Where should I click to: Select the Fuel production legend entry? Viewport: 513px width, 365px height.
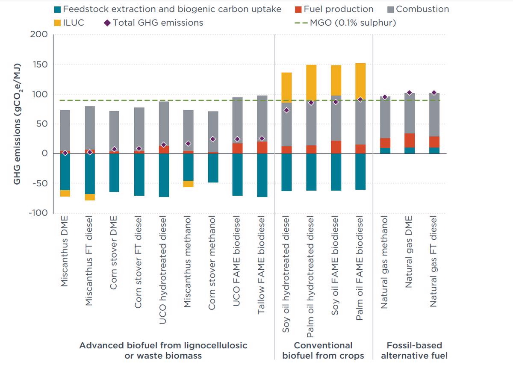tap(338, 9)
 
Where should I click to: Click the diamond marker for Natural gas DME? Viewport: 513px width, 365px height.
tap(410, 93)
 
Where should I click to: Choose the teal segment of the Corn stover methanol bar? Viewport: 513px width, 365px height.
tap(213, 168)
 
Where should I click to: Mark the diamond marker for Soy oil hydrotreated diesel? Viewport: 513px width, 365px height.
tap(286, 110)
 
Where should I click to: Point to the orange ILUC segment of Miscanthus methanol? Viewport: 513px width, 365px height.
tap(188, 184)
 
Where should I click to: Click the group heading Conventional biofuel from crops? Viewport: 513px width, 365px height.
tap(323, 350)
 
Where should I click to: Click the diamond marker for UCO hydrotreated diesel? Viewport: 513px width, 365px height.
tap(163, 145)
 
